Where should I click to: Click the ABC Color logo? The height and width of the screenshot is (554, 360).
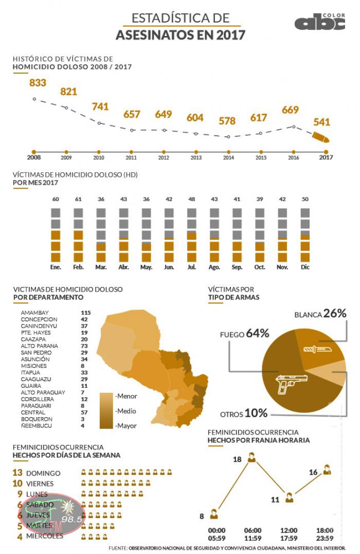coord(319,22)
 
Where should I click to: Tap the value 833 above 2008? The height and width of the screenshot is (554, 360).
coord(38,83)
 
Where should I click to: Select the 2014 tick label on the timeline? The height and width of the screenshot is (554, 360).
coord(228,158)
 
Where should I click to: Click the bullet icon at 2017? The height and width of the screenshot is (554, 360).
coord(321,137)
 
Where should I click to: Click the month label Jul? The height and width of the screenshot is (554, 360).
coord(191,267)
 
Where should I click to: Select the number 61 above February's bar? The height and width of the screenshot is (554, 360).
coord(79,200)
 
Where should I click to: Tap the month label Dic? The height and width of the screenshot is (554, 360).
coord(305,267)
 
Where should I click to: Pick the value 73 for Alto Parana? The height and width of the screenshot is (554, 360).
coord(85,346)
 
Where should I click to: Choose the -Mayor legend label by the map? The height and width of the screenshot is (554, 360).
coord(125,426)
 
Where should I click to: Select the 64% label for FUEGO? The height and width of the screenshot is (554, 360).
coord(258,333)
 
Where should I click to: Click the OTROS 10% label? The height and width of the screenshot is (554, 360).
coord(244,414)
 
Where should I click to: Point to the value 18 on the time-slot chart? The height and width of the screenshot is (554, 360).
coord(237,459)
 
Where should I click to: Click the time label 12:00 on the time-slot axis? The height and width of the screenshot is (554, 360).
coord(289,530)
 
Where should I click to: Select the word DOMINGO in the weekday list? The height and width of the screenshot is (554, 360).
coord(43,473)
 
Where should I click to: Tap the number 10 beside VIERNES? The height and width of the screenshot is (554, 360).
coord(17,484)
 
